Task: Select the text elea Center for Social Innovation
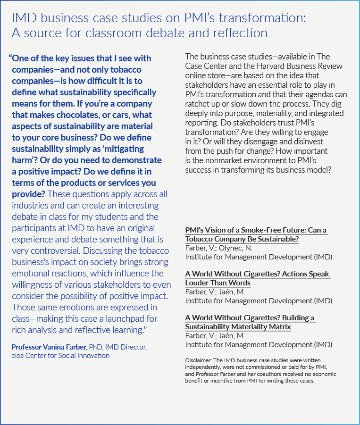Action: click(x=60, y=356)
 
